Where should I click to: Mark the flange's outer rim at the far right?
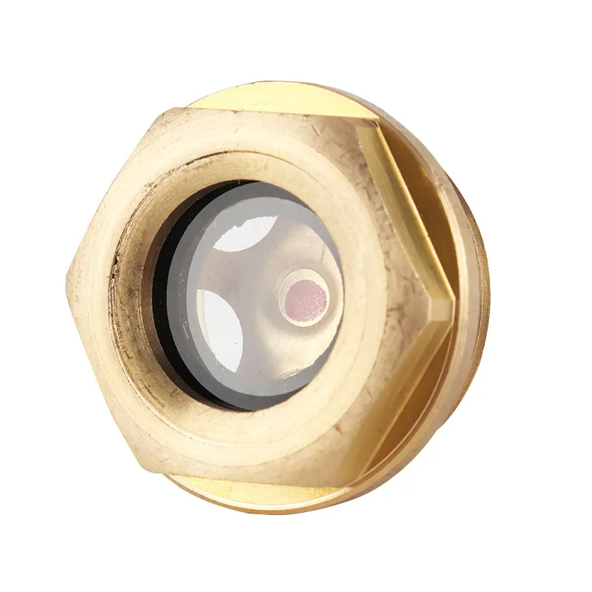pyautogui.click(x=485, y=296)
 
